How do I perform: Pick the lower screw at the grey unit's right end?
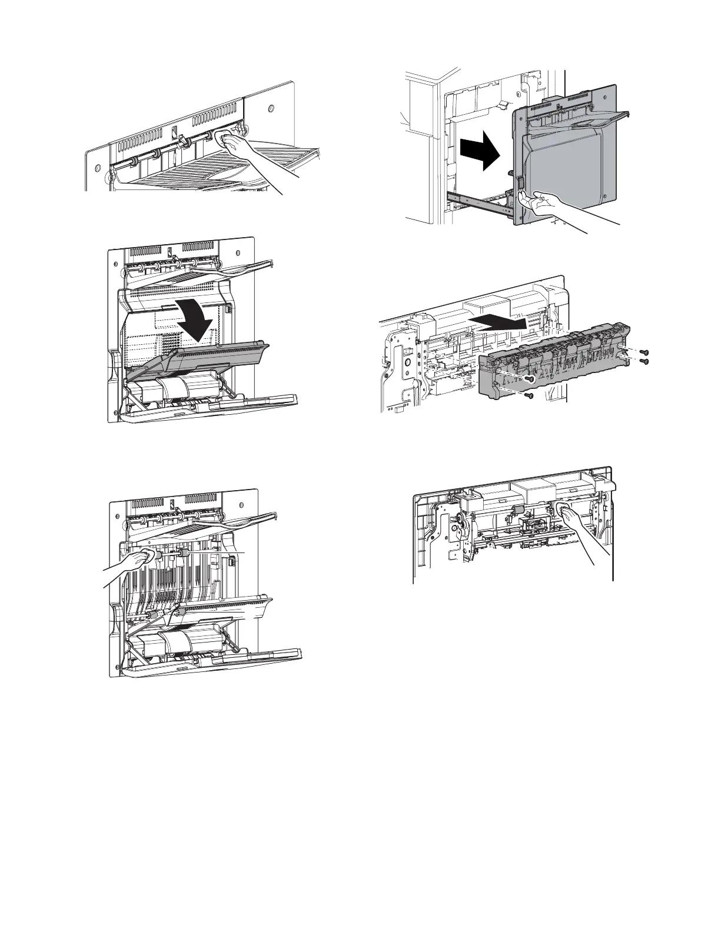[x=644, y=361]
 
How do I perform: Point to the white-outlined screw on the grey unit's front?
[x=530, y=380]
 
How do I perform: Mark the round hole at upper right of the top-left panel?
[x=271, y=109]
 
